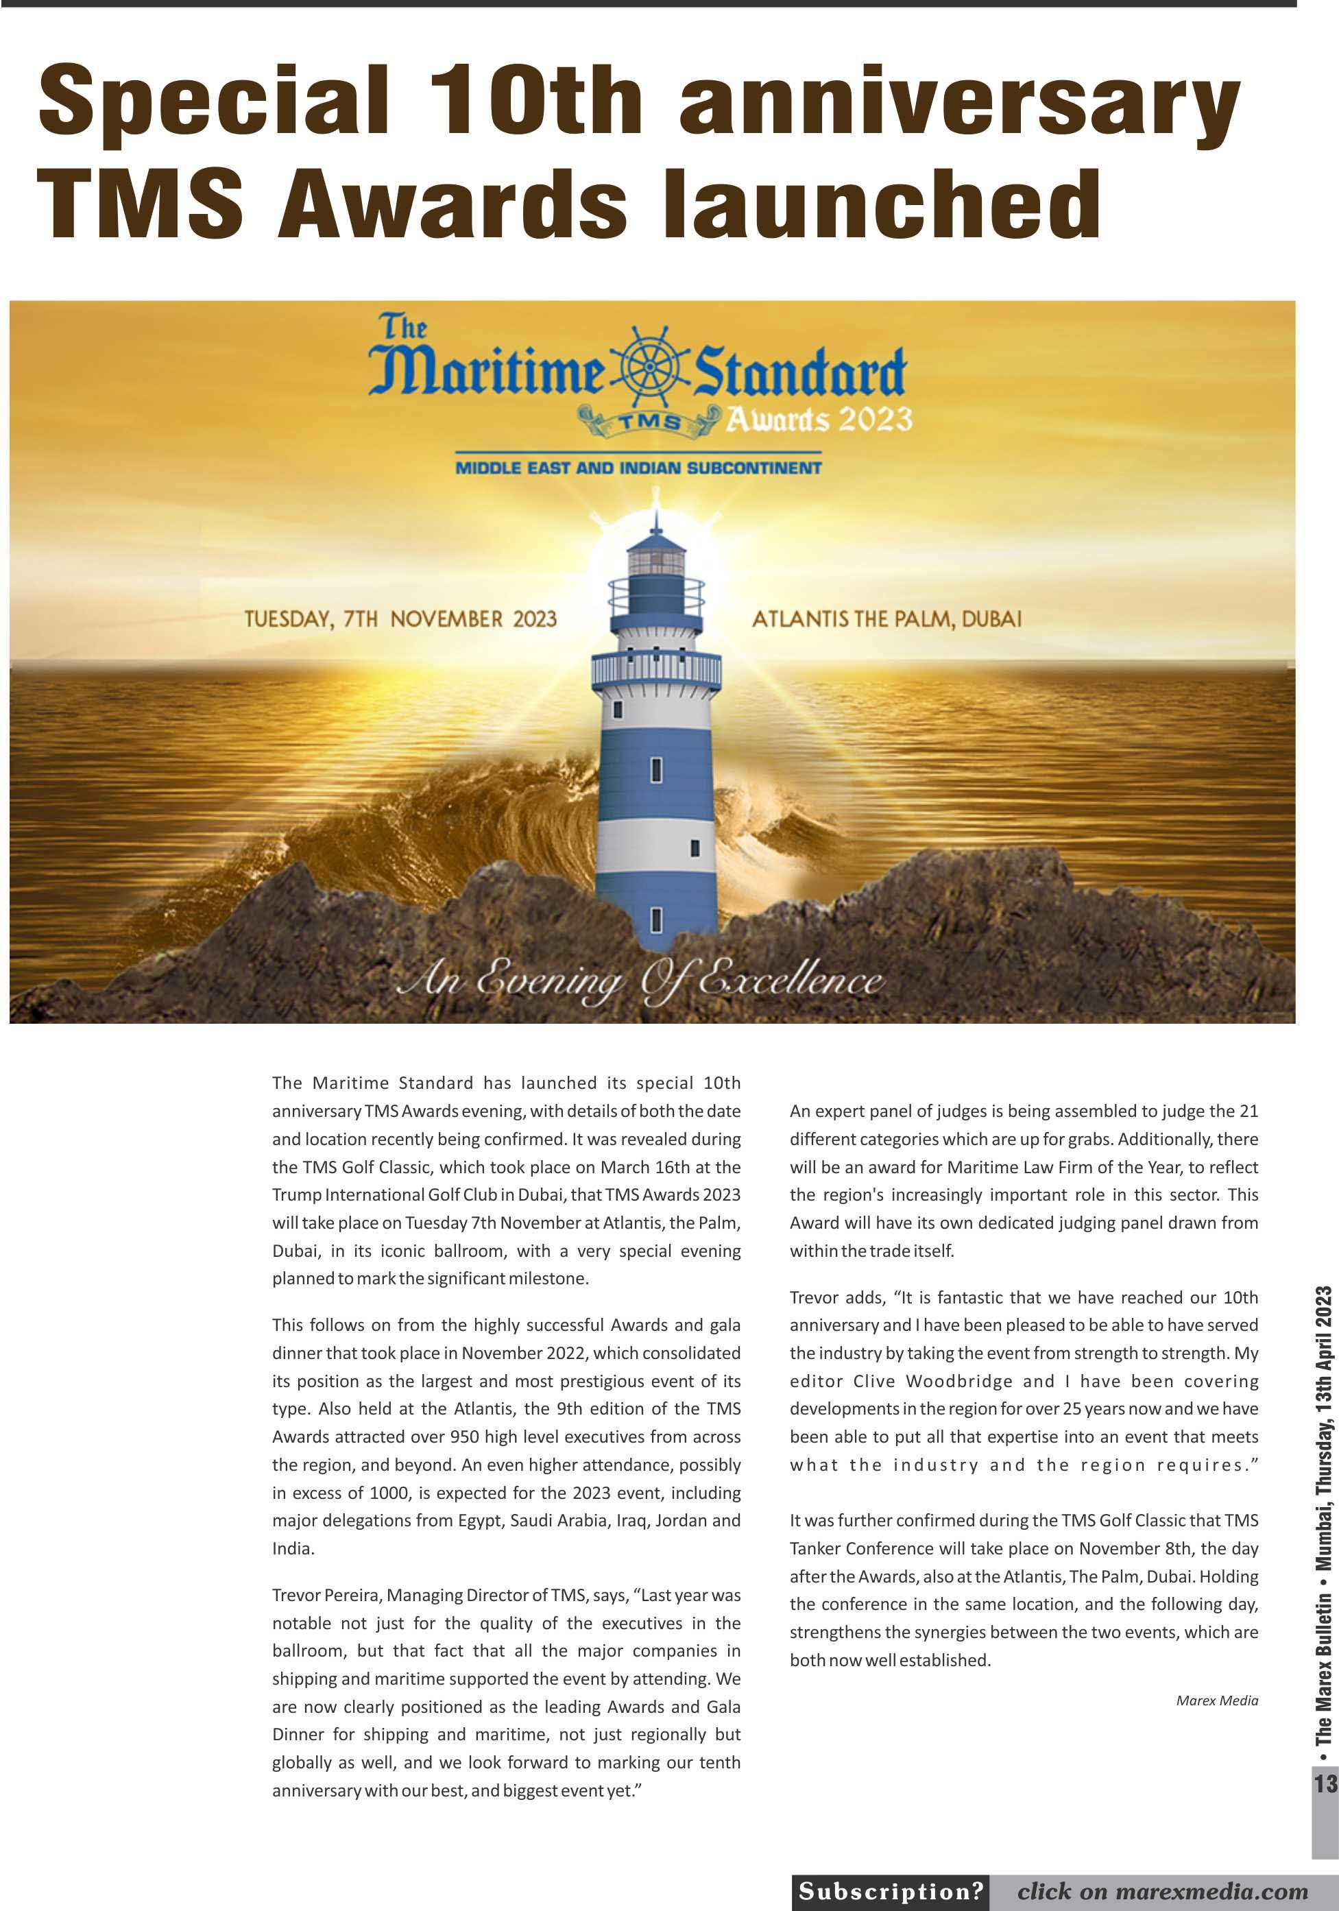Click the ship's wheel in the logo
tap(650, 369)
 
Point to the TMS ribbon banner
tap(649, 421)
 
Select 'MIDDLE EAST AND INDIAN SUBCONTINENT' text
tap(638, 468)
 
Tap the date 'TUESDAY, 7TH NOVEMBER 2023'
tap(400, 619)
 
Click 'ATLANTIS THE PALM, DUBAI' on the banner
tap(886, 619)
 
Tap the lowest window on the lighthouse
tap(655, 919)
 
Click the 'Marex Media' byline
tap(1217, 1700)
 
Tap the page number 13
tap(1325, 1783)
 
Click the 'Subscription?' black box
tap(891, 1891)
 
